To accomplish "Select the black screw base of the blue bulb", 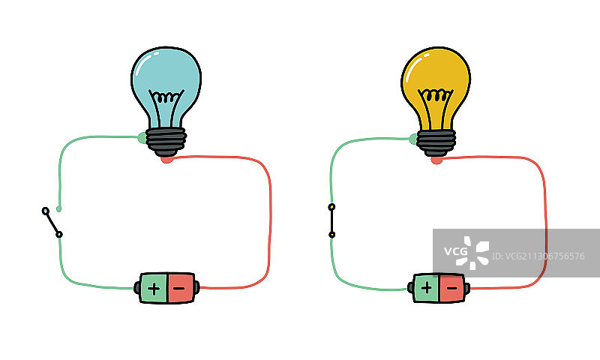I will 166,140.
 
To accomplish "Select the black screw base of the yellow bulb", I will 436,141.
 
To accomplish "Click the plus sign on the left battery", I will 154,288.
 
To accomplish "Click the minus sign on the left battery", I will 181,288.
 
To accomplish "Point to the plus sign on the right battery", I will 426,287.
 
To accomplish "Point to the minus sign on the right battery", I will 451,287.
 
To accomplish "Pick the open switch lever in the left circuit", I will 52,222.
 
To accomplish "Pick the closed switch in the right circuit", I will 331,220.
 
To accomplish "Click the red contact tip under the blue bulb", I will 166,158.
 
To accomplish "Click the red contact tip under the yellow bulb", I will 436,159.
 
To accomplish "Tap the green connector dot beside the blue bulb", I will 142,137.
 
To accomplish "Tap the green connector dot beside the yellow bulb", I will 412,138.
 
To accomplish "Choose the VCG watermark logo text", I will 455,252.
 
